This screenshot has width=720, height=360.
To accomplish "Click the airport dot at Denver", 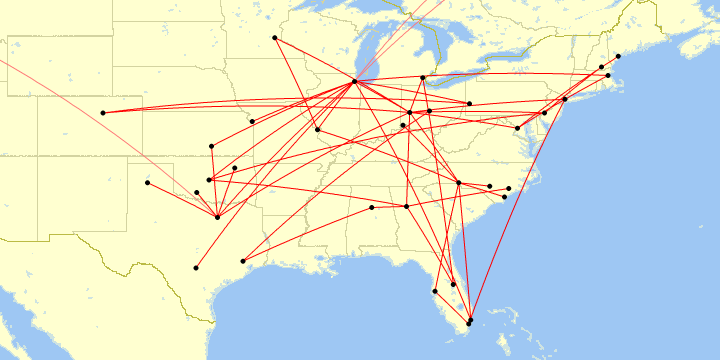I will pyautogui.click(x=103, y=112).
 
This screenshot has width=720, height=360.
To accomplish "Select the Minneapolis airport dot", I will pyautogui.click(x=275, y=38).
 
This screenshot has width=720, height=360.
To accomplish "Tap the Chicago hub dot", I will pyautogui.click(x=355, y=82).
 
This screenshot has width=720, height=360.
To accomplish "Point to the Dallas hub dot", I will pyautogui.click(x=218, y=217).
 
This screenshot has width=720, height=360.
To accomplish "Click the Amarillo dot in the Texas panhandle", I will pyautogui.click(x=148, y=183).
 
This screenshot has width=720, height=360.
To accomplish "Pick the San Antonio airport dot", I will pyautogui.click(x=196, y=268).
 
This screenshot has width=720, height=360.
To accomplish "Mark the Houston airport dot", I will pyautogui.click(x=243, y=261).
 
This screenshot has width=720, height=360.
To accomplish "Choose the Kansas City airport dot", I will pyautogui.click(x=253, y=122).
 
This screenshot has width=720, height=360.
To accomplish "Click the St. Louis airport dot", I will pyautogui.click(x=317, y=129).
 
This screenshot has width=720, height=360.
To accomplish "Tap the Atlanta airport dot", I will pyautogui.click(x=407, y=206).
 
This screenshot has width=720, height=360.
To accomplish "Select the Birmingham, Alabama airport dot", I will pyautogui.click(x=372, y=207).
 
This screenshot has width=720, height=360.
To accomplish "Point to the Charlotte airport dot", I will pyautogui.click(x=458, y=182).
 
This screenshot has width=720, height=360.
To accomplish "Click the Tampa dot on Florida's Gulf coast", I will pyautogui.click(x=435, y=291).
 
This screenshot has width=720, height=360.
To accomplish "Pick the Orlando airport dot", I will pyautogui.click(x=453, y=285).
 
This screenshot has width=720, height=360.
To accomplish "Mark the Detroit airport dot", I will pyautogui.click(x=423, y=77).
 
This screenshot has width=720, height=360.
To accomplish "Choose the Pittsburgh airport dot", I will pyautogui.click(x=469, y=103).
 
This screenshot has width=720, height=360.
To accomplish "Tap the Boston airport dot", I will pyautogui.click(x=608, y=75).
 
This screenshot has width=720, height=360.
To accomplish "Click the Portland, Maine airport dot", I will pyautogui.click(x=618, y=56).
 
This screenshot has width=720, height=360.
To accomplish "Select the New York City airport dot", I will pyautogui.click(x=565, y=99).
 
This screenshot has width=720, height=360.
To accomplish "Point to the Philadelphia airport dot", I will pyautogui.click(x=544, y=113).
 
